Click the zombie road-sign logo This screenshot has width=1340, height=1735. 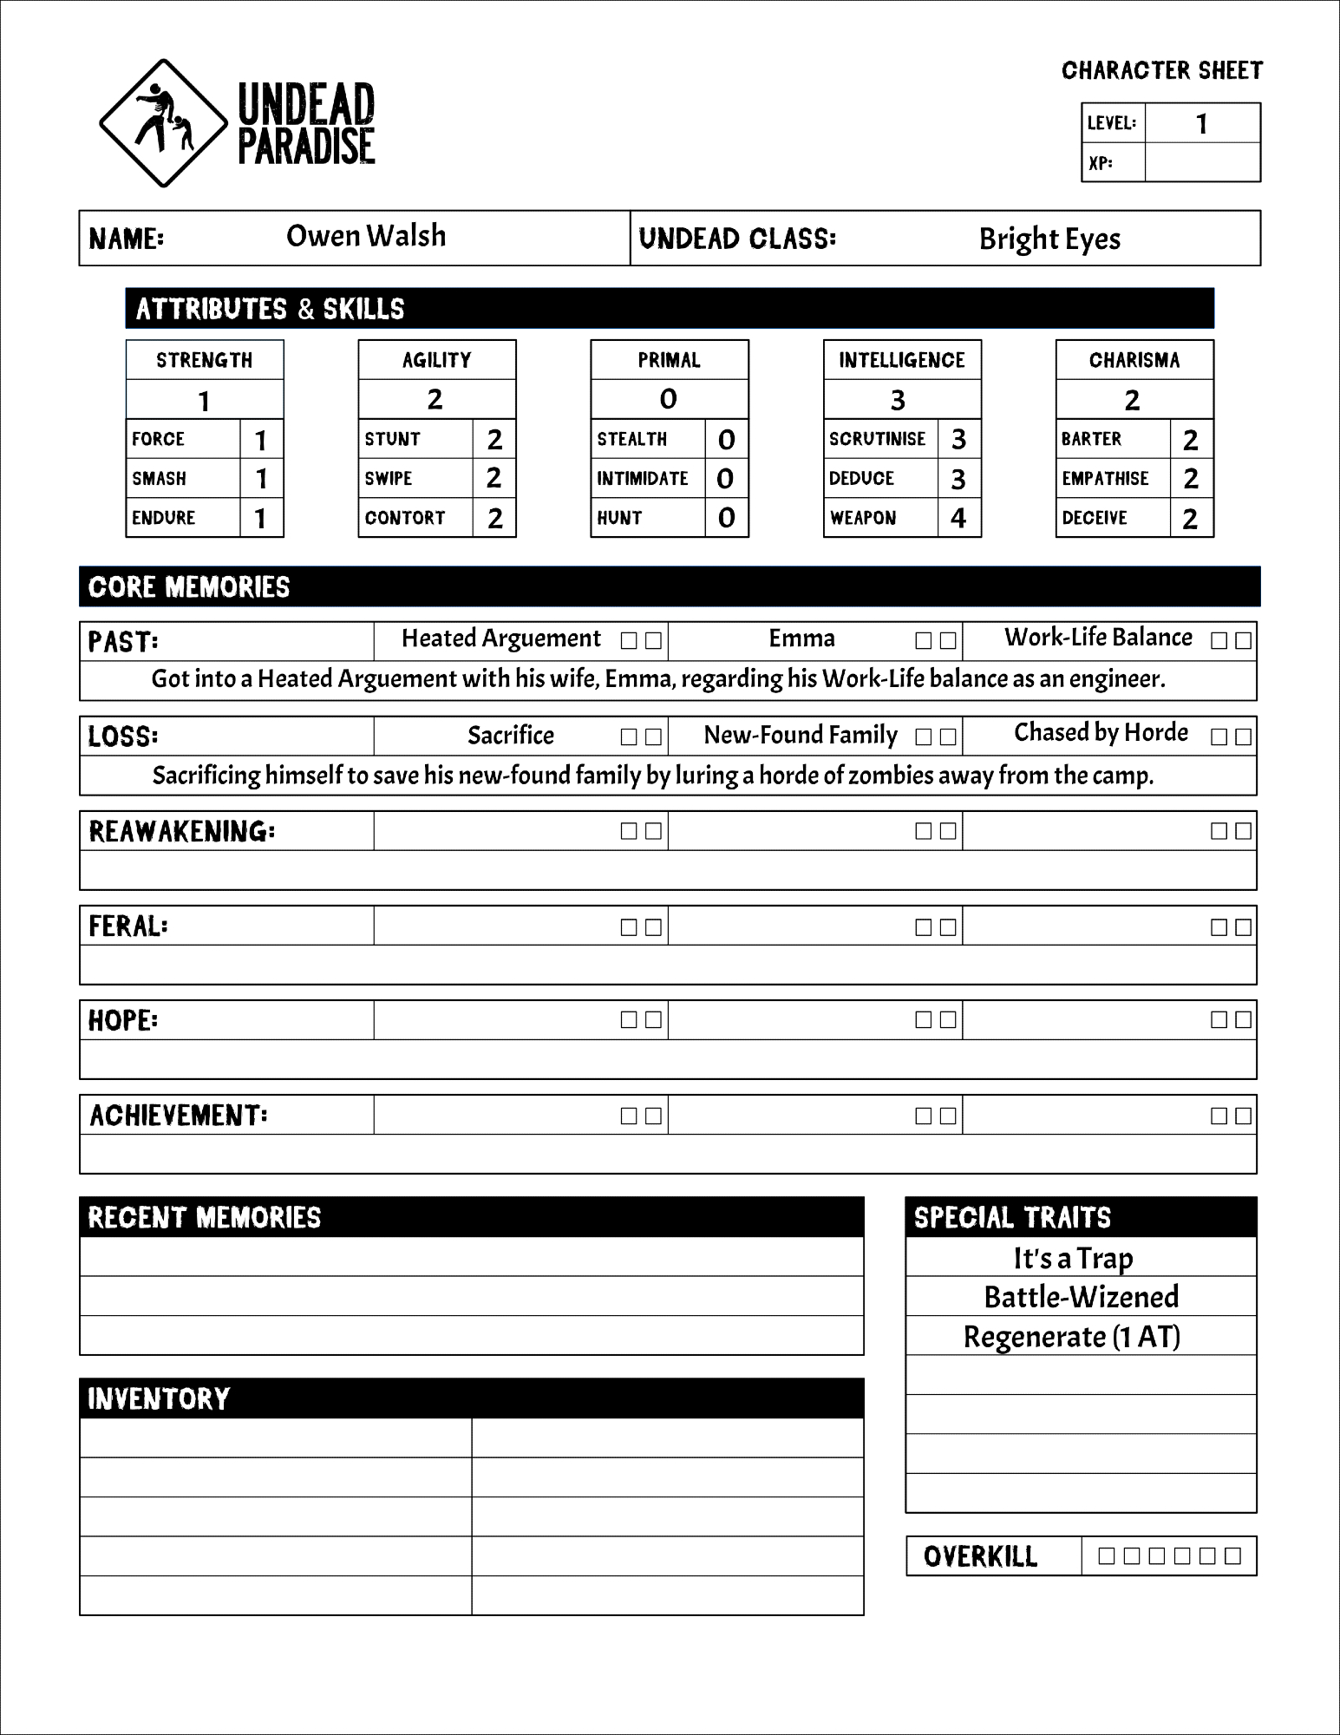coord(163,123)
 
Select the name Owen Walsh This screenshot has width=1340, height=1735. coord(366,236)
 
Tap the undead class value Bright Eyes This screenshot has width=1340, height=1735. coord(1049,239)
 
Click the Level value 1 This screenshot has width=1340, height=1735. coord(1201,124)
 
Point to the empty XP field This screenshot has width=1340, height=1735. coord(1201,162)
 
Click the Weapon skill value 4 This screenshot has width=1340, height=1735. coord(958,518)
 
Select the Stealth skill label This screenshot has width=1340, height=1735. coord(631,439)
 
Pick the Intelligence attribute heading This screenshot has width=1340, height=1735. coord(901,360)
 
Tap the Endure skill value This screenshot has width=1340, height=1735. coord(260,519)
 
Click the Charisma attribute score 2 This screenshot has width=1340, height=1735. coord(1132,400)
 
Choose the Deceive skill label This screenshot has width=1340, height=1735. coord(1095,518)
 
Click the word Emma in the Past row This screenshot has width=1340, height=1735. coord(801,639)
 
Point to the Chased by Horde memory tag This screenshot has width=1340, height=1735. coord(1101,733)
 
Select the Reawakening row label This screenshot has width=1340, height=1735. coord(182,831)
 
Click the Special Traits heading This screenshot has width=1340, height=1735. coord(1012,1217)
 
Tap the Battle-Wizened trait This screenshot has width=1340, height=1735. coord(1081,1297)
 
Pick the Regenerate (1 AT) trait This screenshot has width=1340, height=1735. coord(1072,1337)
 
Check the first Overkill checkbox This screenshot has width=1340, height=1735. coord(1106,1555)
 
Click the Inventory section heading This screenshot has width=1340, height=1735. coord(159,1398)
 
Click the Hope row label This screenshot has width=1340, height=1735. coord(123,1020)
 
